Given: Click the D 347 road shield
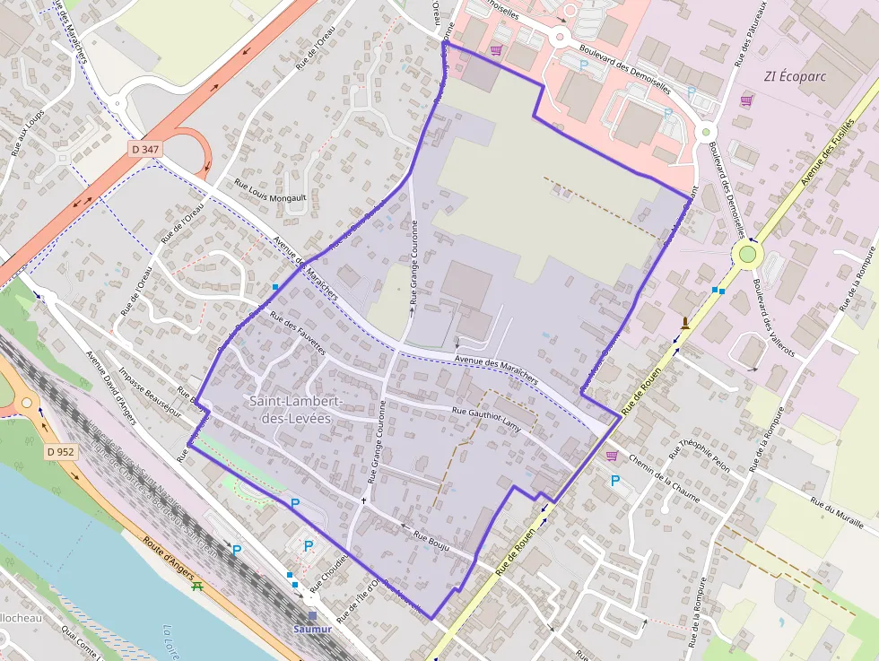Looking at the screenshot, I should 144,148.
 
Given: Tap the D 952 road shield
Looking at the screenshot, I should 61,452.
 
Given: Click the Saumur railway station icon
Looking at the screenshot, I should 312,616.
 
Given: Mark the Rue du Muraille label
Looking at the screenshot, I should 836,512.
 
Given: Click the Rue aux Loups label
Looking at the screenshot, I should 28,134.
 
